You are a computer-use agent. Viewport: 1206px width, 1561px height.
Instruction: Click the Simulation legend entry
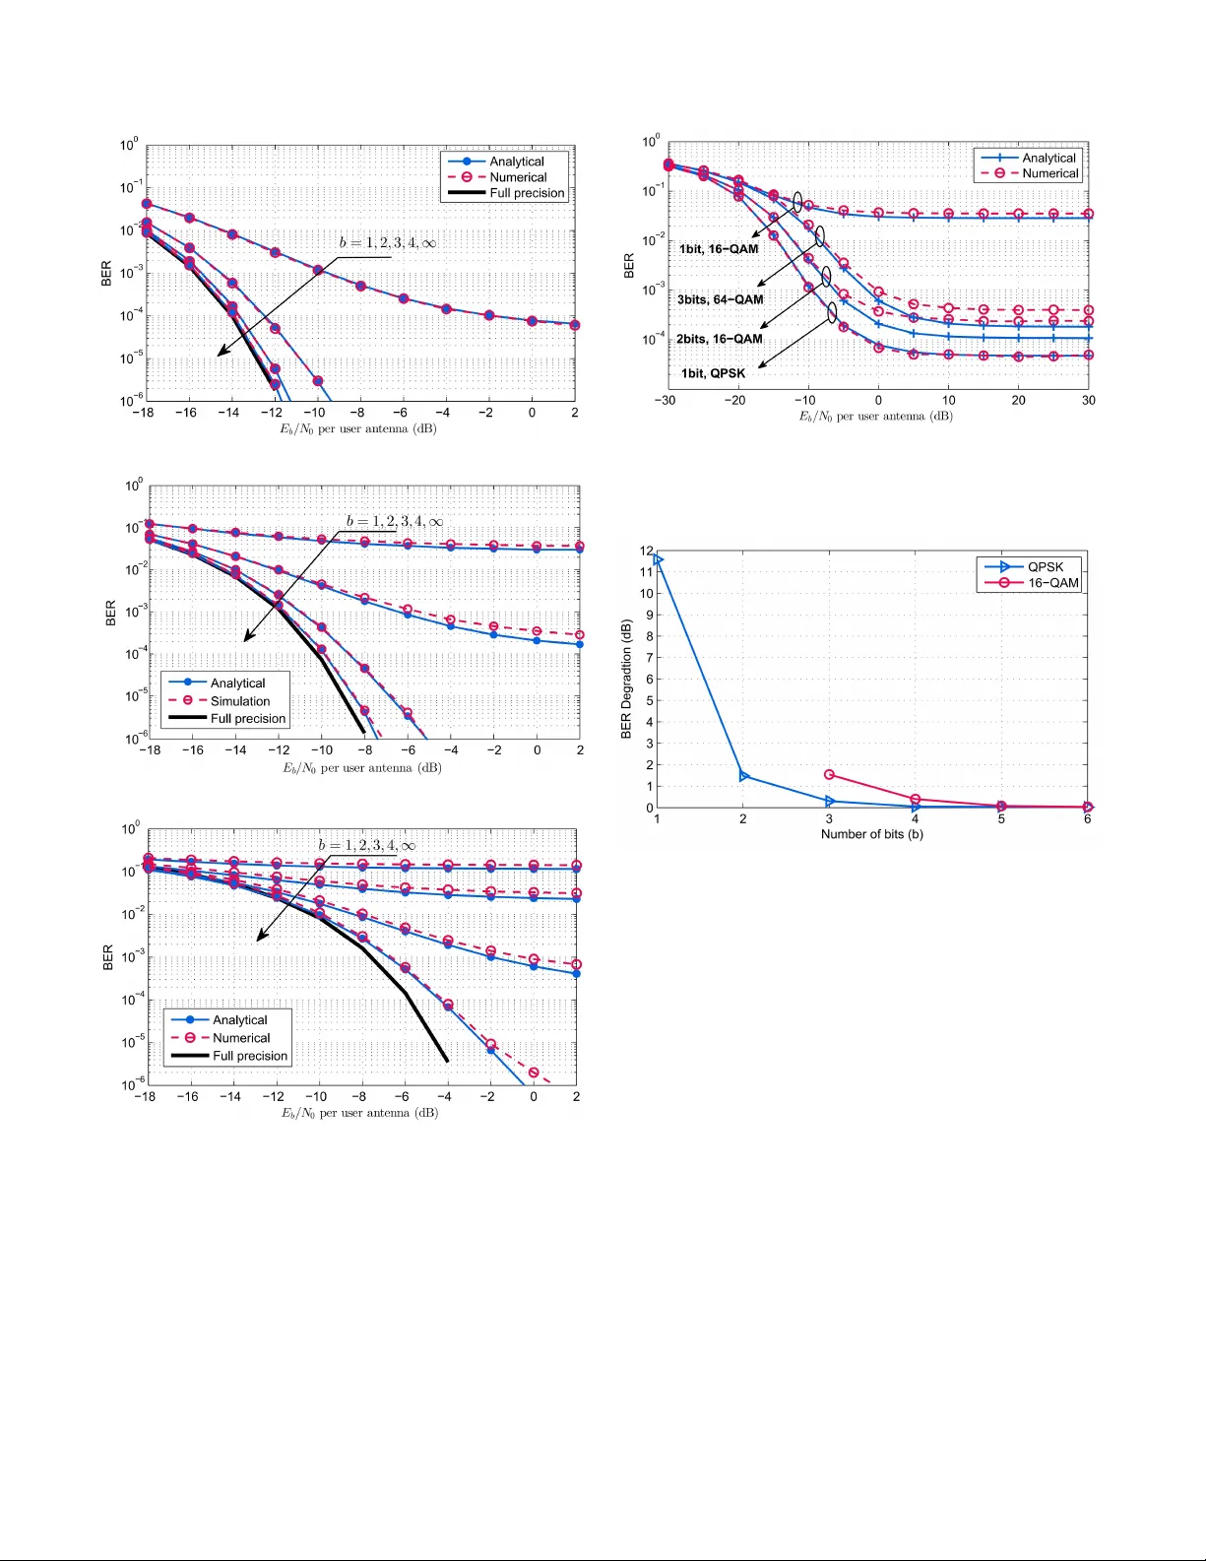(x=239, y=701)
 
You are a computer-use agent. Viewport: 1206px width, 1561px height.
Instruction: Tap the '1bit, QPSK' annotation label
(x=713, y=373)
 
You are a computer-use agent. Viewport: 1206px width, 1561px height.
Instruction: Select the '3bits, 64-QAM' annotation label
(x=720, y=299)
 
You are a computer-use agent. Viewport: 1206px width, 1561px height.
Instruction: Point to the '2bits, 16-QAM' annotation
(x=719, y=339)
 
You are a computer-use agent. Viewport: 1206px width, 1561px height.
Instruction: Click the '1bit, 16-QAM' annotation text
(x=719, y=249)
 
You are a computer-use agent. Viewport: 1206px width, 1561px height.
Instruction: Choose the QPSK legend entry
(x=1045, y=567)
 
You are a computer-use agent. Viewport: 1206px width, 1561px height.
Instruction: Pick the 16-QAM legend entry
(x=1052, y=583)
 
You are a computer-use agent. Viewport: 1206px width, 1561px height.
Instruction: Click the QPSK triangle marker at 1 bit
(x=658, y=560)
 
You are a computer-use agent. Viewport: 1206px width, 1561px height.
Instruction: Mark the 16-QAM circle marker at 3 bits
(x=829, y=775)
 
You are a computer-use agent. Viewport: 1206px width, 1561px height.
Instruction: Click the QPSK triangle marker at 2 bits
(x=743, y=776)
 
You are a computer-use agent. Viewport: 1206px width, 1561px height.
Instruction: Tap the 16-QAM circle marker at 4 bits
(x=916, y=800)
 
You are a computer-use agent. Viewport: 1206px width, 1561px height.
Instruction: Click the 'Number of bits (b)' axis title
(x=871, y=834)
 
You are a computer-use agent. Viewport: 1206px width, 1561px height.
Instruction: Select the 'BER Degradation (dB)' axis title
(x=626, y=679)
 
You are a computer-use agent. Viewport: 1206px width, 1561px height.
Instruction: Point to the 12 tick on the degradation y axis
(x=647, y=551)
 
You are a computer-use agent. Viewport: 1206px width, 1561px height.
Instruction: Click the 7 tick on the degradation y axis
(x=648, y=658)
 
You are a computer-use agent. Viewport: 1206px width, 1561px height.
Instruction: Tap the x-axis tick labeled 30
(x=1088, y=401)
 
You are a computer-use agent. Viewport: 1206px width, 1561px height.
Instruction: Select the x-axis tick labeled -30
(x=666, y=401)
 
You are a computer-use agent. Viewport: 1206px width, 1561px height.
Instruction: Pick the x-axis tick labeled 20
(x=1018, y=401)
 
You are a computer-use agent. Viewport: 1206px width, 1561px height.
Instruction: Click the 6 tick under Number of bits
(x=1087, y=819)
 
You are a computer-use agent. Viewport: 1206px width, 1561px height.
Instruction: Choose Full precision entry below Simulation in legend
(x=247, y=719)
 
